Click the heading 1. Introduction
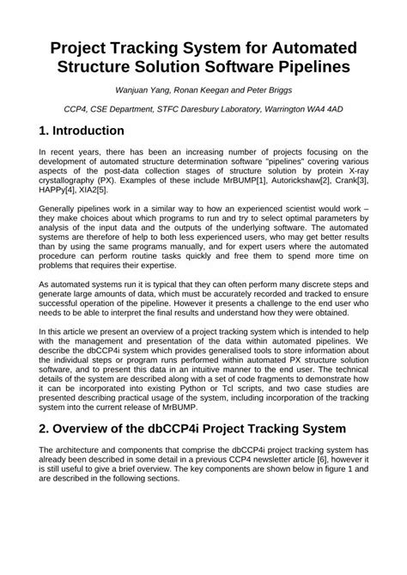(82, 131)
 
